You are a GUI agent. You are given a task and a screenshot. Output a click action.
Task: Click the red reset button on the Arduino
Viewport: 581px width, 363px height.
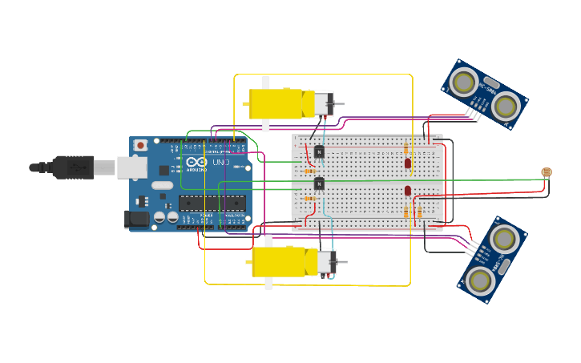(140, 145)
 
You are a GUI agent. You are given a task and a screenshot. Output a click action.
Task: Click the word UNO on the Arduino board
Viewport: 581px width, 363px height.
(220, 163)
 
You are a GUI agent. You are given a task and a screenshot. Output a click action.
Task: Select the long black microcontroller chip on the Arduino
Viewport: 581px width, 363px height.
(212, 203)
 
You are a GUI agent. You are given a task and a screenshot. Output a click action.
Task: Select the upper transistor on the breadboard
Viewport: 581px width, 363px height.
(319, 151)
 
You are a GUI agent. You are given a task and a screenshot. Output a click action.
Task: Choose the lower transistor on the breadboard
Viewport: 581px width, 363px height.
(319, 184)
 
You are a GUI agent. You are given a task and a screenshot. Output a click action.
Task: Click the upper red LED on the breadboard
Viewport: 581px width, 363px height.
(408, 163)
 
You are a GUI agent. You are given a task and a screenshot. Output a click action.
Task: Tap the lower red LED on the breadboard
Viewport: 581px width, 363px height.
(408, 191)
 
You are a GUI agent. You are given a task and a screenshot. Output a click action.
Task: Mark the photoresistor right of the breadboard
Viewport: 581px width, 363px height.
(547, 172)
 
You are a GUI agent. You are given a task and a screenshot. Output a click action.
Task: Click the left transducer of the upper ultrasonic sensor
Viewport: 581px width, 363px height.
(464, 81)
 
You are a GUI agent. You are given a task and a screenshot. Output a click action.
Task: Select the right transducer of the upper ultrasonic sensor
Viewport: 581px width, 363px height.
(506, 106)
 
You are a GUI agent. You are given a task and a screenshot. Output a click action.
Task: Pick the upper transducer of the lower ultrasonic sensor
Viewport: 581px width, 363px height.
(505, 238)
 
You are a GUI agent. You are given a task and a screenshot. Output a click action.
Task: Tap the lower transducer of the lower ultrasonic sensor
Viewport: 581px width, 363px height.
(480, 280)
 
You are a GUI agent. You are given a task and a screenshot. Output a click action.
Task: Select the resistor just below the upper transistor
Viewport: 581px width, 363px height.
(309, 171)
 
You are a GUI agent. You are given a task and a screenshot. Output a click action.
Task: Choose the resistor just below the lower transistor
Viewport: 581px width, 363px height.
(310, 198)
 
